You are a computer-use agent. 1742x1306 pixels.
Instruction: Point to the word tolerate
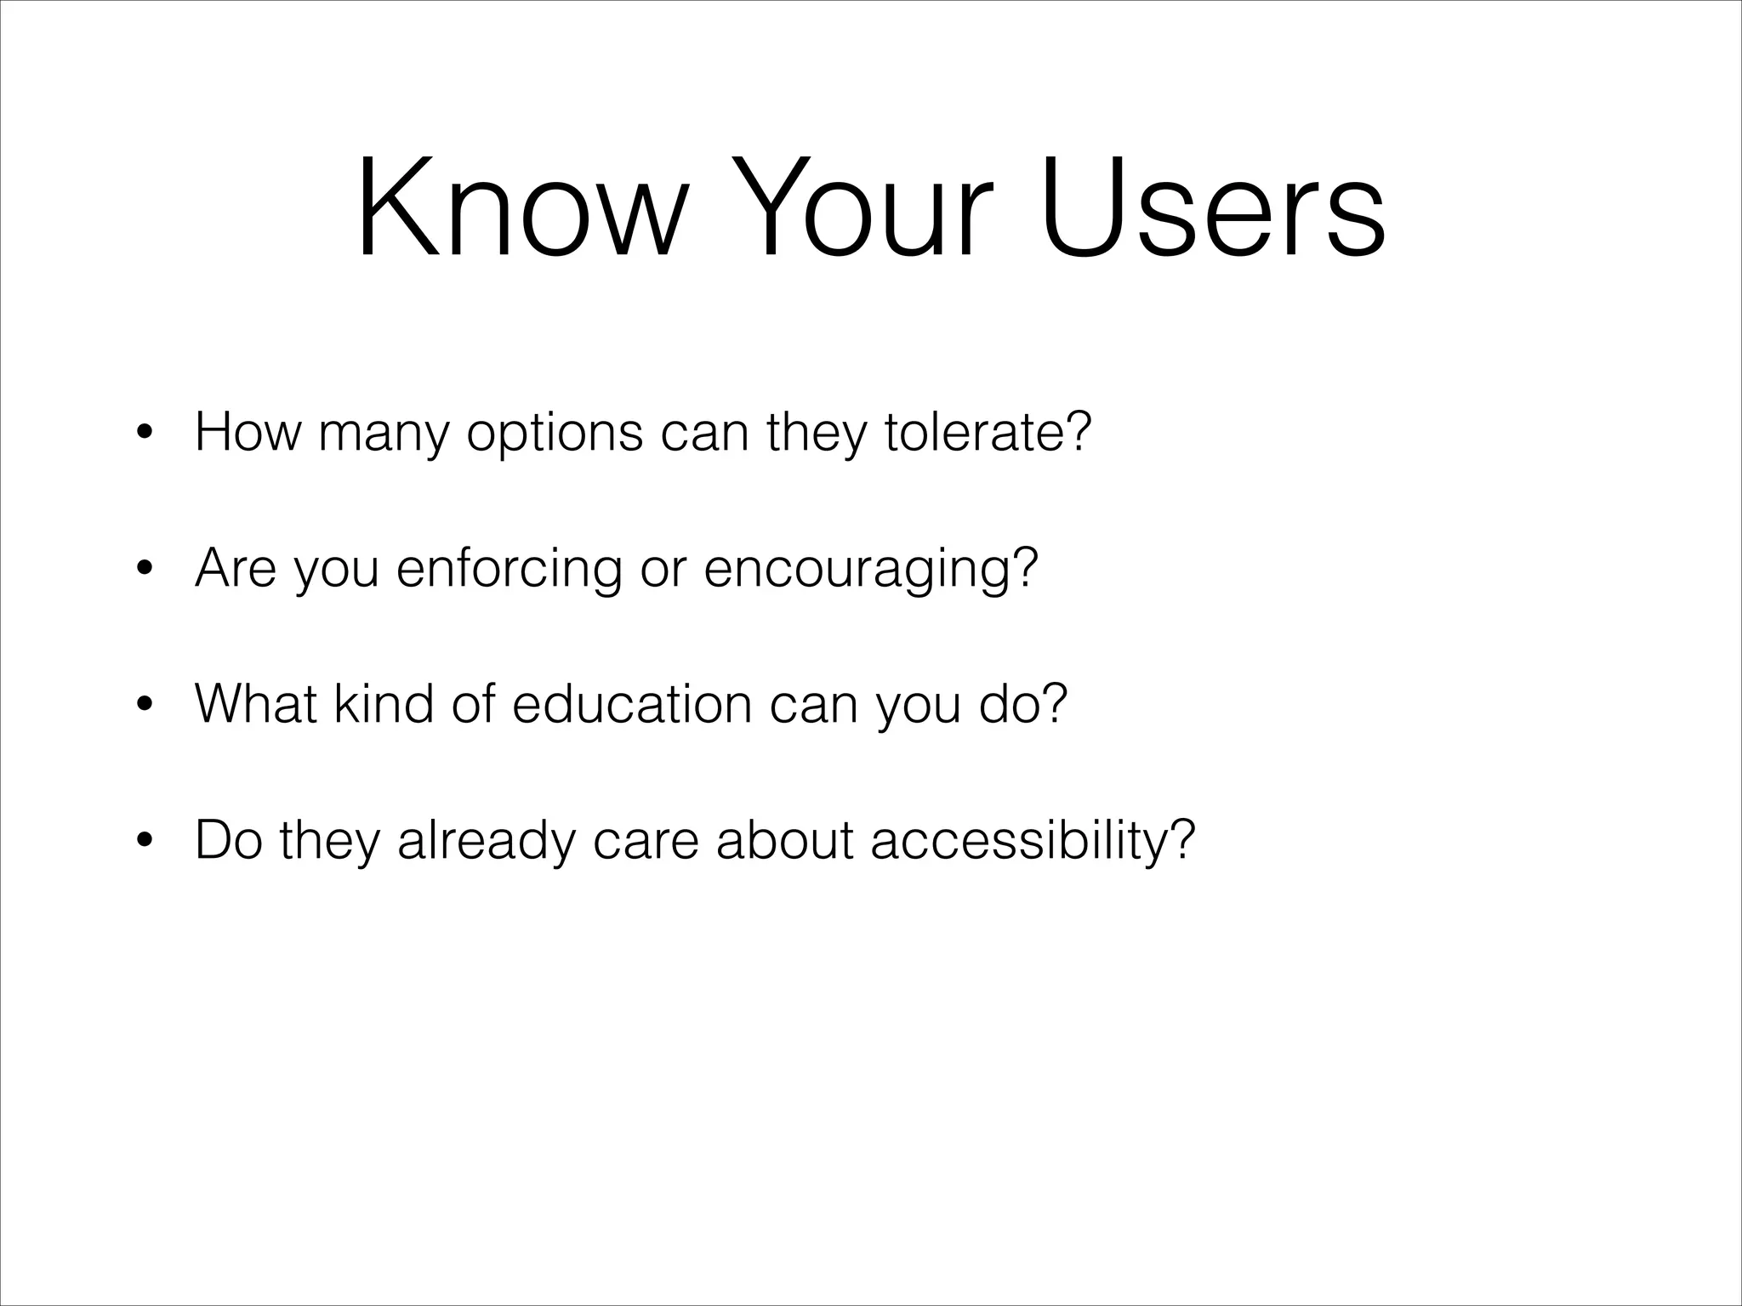click(x=987, y=432)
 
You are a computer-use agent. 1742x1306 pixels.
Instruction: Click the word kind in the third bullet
click(x=383, y=704)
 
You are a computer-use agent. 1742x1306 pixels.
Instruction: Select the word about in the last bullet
click(x=784, y=840)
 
